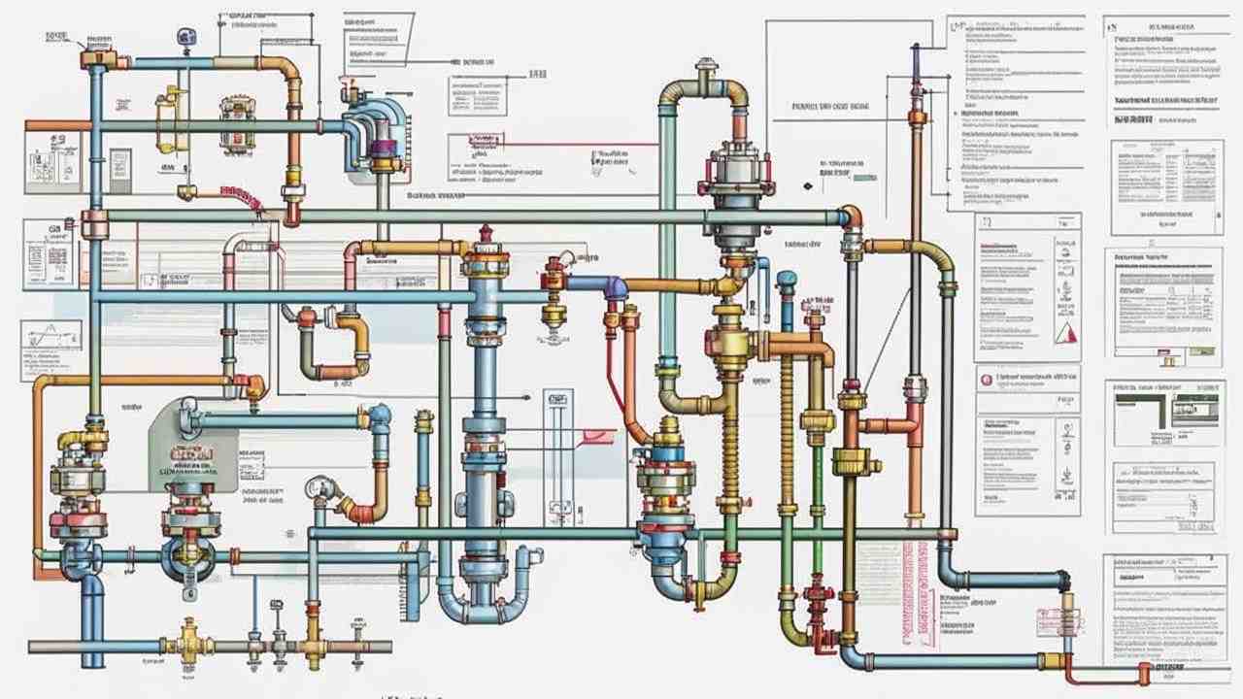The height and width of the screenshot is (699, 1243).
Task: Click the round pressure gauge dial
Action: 317,486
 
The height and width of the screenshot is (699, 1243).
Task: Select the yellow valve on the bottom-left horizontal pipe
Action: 188,642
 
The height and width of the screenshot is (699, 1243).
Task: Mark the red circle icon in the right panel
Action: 987,380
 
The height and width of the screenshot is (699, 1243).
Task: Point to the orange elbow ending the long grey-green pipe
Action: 852,216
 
